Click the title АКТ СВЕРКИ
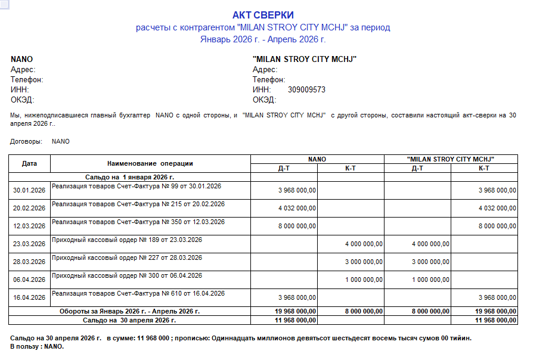click(x=263, y=15)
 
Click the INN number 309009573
click(x=306, y=89)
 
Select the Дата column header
click(x=29, y=163)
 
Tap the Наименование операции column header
click(x=150, y=163)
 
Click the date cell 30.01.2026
click(x=29, y=190)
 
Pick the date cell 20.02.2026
click(x=29, y=208)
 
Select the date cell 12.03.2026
click(x=29, y=226)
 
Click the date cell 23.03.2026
click(x=29, y=244)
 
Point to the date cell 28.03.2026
click(x=29, y=262)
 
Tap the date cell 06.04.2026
click(x=29, y=280)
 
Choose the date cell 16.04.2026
click(x=29, y=297)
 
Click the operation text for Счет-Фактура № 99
click(x=137, y=186)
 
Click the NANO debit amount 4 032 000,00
click(x=297, y=208)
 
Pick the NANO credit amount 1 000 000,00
click(x=364, y=280)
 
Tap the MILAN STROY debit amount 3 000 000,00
click(x=430, y=262)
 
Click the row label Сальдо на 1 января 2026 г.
click(x=129, y=177)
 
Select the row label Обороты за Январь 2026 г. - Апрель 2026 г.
click(x=129, y=311)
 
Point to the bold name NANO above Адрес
click(x=21, y=60)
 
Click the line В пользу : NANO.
click(x=37, y=346)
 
